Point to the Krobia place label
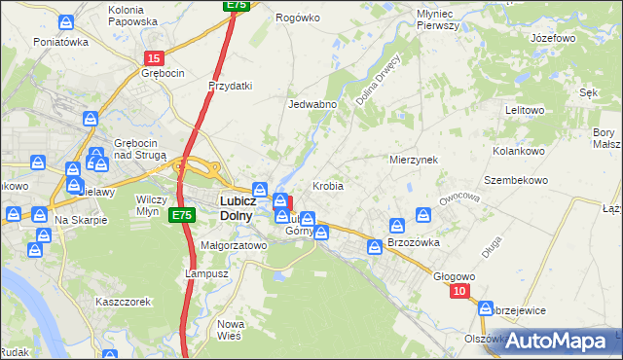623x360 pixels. pos(328,185)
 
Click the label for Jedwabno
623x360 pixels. pos(312,104)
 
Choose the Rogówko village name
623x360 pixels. pos(298,18)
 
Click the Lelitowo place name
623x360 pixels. pos(525,110)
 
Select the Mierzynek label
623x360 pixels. pos(414,159)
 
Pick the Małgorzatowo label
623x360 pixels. pos(233,246)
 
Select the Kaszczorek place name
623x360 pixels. pos(123,302)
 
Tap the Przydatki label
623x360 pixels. pos(231,86)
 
